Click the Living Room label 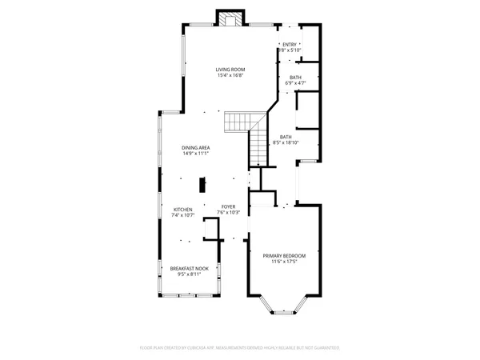[230, 70]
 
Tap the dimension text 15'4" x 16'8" [230, 76]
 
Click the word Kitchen [183, 210]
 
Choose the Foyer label [229, 206]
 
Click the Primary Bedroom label [284, 255]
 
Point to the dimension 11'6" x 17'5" [284, 262]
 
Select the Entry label [289, 44]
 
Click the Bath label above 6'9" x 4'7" [295, 77]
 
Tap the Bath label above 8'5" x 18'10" [286, 137]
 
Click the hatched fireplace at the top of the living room [230, 20]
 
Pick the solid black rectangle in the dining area [202, 184]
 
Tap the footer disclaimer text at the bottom [239, 348]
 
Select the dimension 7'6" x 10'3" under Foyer [229, 213]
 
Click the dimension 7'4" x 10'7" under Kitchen [183, 216]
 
